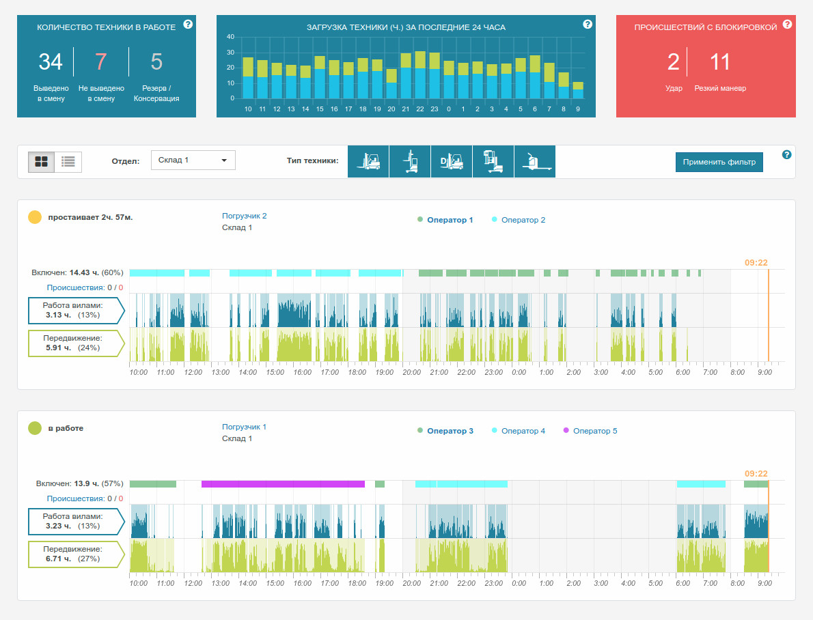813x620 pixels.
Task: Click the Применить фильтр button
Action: [x=719, y=162]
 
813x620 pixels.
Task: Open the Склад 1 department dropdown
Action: [x=193, y=160]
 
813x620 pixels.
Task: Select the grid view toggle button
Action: [x=42, y=162]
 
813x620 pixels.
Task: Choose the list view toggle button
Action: [x=68, y=162]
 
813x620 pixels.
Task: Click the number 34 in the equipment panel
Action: [x=51, y=61]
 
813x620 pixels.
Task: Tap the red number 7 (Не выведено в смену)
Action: [x=101, y=61]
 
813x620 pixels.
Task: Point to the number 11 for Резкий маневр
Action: [x=719, y=61]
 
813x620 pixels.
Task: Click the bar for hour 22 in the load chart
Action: [x=420, y=74]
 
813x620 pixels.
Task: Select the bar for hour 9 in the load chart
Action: [x=577, y=90]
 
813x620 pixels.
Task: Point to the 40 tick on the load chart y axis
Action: [x=230, y=37]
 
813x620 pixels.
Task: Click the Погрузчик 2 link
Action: [x=244, y=216]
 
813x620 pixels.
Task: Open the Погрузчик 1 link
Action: [x=244, y=427]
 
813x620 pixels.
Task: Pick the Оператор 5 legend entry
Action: [x=590, y=431]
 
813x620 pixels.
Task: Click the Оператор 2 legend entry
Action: [x=518, y=220]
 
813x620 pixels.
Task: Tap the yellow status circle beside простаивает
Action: [x=35, y=217]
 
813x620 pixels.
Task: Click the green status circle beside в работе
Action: [x=35, y=428]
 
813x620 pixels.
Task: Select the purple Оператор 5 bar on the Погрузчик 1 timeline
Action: [x=283, y=484]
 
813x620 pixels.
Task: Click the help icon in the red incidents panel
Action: [x=787, y=25]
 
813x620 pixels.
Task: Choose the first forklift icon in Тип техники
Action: [x=368, y=161]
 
